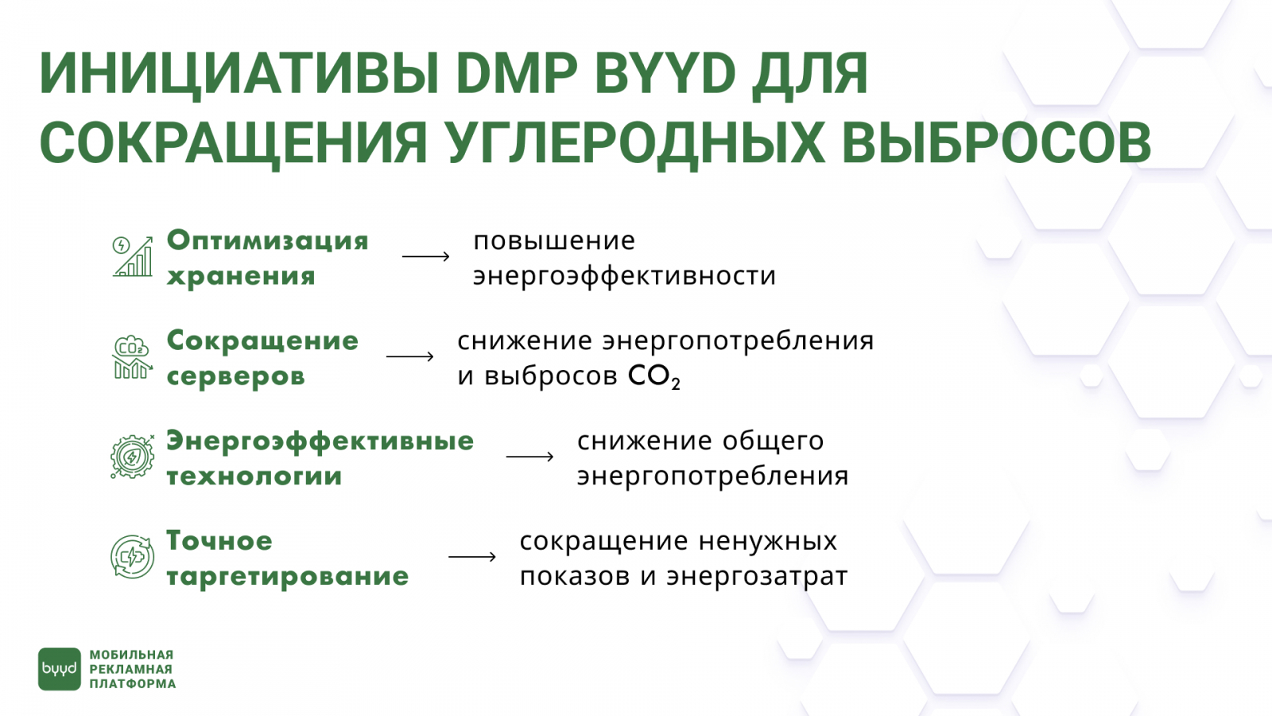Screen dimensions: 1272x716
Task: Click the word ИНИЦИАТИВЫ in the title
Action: pyautogui.click(x=238, y=75)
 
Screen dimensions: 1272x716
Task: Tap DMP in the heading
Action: pyautogui.click(x=517, y=75)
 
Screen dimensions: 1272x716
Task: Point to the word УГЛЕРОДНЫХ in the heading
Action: pyautogui.click(x=635, y=145)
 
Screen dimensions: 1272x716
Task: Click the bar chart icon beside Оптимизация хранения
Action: pyautogui.click(x=132, y=257)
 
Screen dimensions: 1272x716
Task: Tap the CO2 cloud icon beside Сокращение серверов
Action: pyautogui.click(x=132, y=357)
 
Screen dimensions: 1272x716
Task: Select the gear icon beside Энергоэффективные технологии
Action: pyautogui.click(x=132, y=457)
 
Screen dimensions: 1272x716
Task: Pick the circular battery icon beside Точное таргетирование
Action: pyautogui.click(x=132, y=556)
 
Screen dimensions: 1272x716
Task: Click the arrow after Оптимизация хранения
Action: pyautogui.click(x=426, y=257)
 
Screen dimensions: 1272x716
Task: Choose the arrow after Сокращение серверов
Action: pyautogui.click(x=410, y=357)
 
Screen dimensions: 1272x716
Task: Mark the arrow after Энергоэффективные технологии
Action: pyautogui.click(x=529, y=457)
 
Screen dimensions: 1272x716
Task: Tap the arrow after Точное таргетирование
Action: pyautogui.click(x=472, y=556)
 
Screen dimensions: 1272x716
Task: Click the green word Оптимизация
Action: pyautogui.click(x=267, y=241)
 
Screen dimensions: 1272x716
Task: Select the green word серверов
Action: pyautogui.click(x=235, y=377)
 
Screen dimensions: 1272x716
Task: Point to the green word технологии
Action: pyautogui.click(x=254, y=477)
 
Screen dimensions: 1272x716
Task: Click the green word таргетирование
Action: pyautogui.click(x=287, y=577)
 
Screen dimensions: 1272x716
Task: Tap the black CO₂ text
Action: pyautogui.click(x=654, y=377)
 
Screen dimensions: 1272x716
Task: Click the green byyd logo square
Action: pyautogui.click(x=60, y=669)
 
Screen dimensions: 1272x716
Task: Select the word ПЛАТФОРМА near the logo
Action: pyautogui.click(x=133, y=683)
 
